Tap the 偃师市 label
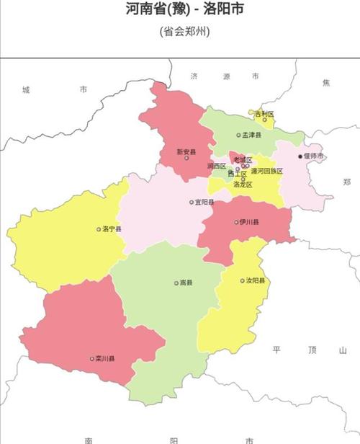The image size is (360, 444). (x=314, y=156)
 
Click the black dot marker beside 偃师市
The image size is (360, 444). (x=300, y=156)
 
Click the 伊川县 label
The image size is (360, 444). (x=249, y=222)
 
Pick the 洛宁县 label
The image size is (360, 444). (x=112, y=229)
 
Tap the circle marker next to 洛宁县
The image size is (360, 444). (x=99, y=229)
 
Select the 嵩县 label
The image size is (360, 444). (x=186, y=283)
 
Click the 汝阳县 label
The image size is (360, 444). (x=256, y=280)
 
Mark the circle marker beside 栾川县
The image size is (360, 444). (x=92, y=358)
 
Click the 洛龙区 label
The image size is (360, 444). (x=243, y=185)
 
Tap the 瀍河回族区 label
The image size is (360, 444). (x=266, y=172)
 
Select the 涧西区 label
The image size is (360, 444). (x=216, y=166)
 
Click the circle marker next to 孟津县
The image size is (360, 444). (x=238, y=135)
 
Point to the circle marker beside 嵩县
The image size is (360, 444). (x=176, y=283)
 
